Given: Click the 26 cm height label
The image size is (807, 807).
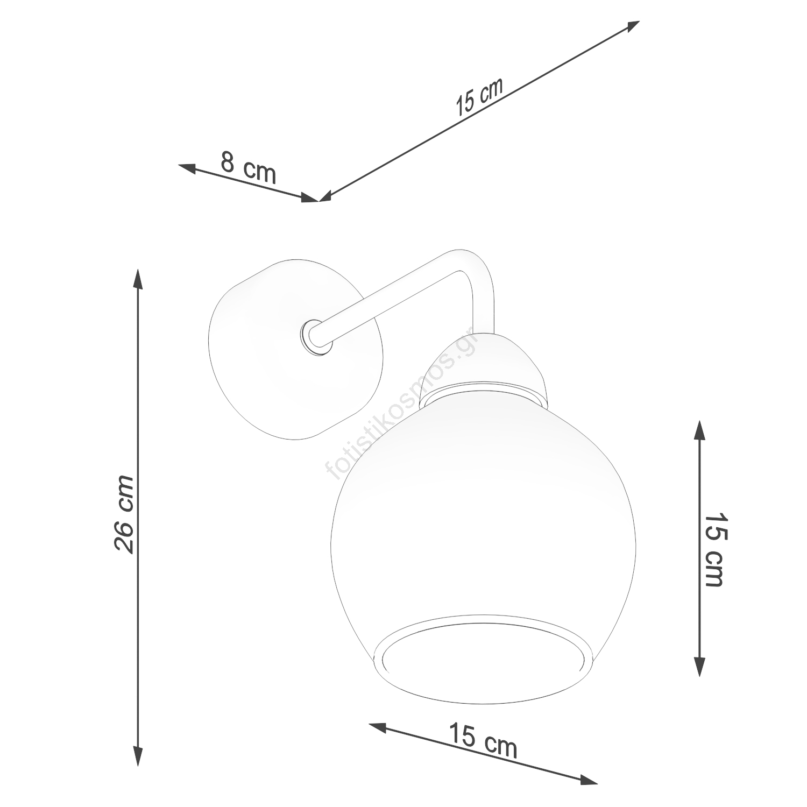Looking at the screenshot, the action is tap(124, 514).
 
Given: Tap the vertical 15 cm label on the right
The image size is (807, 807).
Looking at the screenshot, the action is tap(714, 549).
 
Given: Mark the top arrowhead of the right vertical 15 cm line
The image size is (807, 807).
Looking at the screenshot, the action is tap(699, 430).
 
